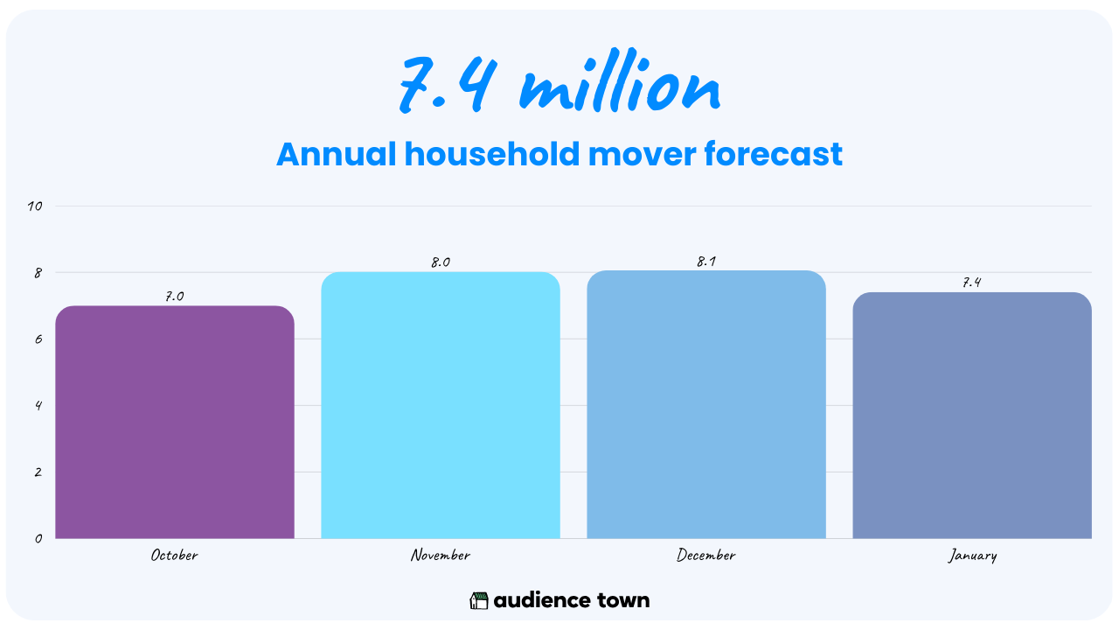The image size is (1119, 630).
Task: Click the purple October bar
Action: click(175, 422)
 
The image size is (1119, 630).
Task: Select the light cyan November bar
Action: click(441, 405)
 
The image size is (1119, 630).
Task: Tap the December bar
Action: click(706, 404)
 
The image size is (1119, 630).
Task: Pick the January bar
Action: click(972, 416)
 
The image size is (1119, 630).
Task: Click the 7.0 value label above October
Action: click(175, 297)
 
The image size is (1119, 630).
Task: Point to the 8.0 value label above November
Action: click(441, 262)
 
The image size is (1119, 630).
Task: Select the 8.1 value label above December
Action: click(706, 262)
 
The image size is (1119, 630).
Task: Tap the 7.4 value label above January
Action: click(972, 283)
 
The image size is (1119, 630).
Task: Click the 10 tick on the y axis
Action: click(35, 206)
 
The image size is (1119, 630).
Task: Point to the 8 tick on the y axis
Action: click(38, 273)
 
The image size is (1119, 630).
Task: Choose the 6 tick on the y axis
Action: click(38, 339)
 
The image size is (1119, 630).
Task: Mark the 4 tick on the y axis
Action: click(38, 405)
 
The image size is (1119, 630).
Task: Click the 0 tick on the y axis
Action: click(38, 538)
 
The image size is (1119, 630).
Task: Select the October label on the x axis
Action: click(174, 555)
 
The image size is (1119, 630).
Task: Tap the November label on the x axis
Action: click(440, 555)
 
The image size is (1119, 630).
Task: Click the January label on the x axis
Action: click(972, 556)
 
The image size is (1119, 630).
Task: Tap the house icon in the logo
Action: click(478, 600)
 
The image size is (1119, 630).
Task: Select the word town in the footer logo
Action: click(623, 600)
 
